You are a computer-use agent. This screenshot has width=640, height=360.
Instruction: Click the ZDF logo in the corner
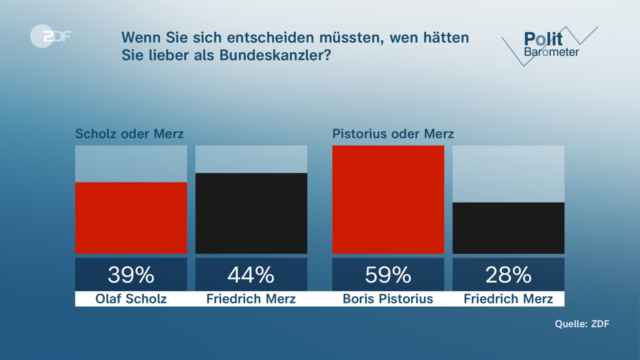click(50, 36)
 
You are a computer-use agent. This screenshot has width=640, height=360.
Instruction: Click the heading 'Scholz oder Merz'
click(129, 134)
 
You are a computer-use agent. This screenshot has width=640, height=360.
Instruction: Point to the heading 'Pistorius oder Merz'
click(393, 134)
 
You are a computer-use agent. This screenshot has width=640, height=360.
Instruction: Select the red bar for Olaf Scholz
click(131, 218)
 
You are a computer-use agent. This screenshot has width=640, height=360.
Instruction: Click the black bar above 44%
click(251, 213)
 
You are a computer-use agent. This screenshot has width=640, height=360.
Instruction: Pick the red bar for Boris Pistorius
click(388, 199)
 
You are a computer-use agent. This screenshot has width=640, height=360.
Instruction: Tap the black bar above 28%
click(508, 228)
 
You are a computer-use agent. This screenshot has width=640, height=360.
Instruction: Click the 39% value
click(131, 274)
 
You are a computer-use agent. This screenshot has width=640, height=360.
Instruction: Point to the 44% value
click(251, 274)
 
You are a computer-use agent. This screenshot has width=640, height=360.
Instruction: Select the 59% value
click(388, 274)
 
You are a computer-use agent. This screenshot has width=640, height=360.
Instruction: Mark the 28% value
click(508, 274)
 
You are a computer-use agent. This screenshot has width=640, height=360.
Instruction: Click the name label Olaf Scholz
click(131, 299)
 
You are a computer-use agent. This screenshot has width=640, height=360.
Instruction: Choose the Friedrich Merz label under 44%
click(251, 299)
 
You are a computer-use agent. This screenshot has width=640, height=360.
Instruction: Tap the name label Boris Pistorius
click(388, 299)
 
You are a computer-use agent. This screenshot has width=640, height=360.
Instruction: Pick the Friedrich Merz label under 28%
click(508, 299)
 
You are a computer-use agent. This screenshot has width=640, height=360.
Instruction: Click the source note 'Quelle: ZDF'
click(582, 324)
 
